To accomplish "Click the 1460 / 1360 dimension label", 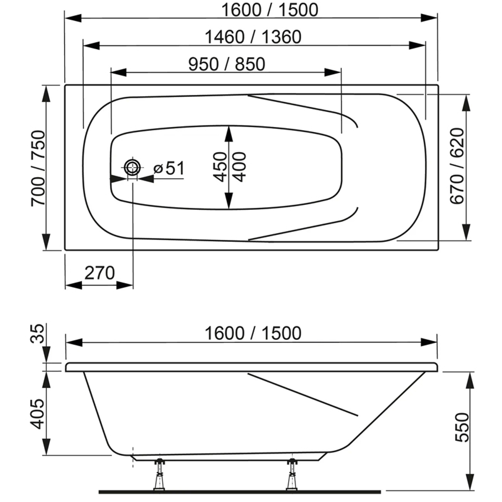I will point(253,37).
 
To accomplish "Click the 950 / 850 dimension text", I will point(226,64).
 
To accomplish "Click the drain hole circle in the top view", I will point(133,167).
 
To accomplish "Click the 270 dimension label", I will point(99,273).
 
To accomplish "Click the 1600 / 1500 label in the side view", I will point(253,333).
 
